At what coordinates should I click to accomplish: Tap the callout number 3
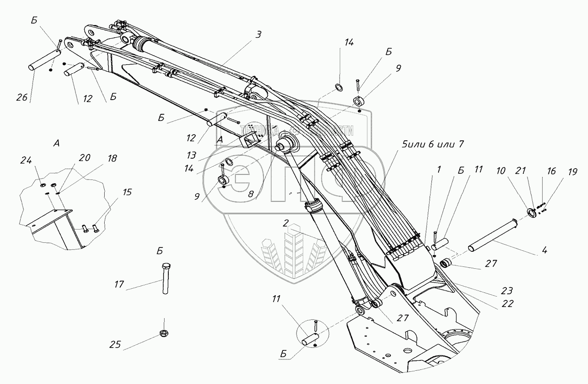point(259,34)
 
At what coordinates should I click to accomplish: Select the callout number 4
point(544,251)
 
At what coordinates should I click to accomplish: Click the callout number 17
point(119,284)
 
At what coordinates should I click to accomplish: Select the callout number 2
point(286,222)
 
